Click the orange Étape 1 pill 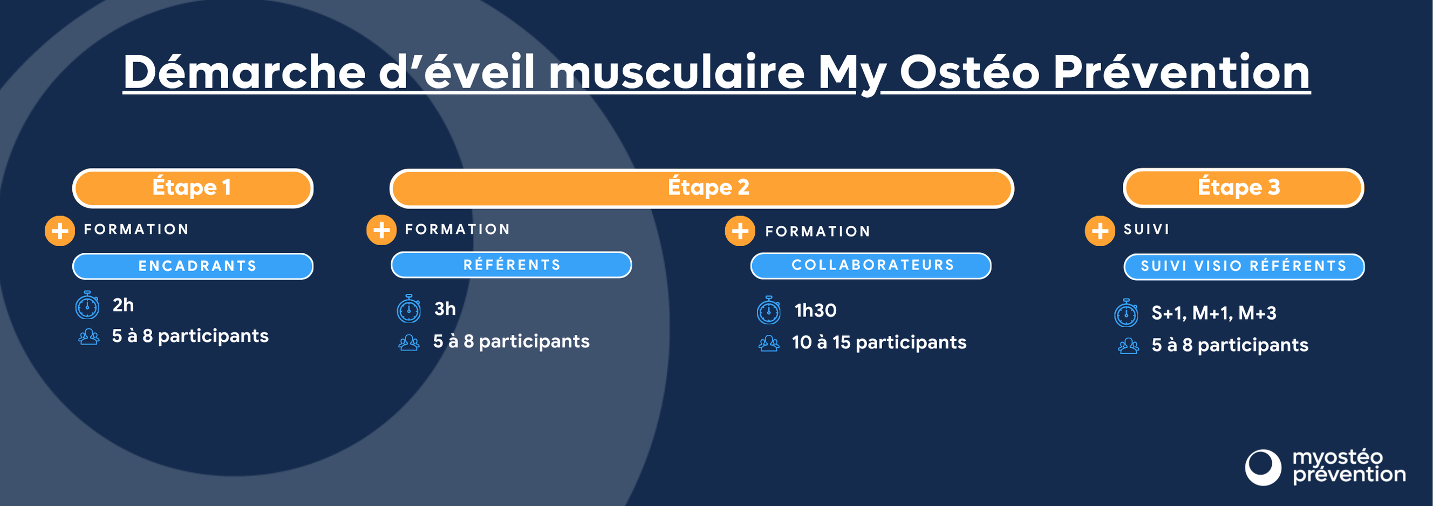tap(193, 188)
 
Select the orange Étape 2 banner tap(701, 188)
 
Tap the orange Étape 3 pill tap(1243, 188)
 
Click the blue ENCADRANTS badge tap(193, 266)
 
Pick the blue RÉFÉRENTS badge tap(511, 265)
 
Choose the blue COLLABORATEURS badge tap(871, 266)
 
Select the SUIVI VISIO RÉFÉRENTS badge tap(1244, 267)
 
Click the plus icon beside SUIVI tap(1099, 231)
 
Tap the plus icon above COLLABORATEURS tap(739, 231)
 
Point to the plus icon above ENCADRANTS tap(59, 231)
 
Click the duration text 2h tap(123, 305)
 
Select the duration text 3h tap(445, 309)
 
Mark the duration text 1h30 tap(815, 311)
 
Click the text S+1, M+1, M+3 tap(1213, 313)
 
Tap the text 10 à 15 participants tap(878, 343)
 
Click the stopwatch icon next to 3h tap(408, 309)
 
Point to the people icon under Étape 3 tap(1128, 346)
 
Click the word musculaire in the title tap(676, 72)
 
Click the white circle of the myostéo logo tap(1262, 467)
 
